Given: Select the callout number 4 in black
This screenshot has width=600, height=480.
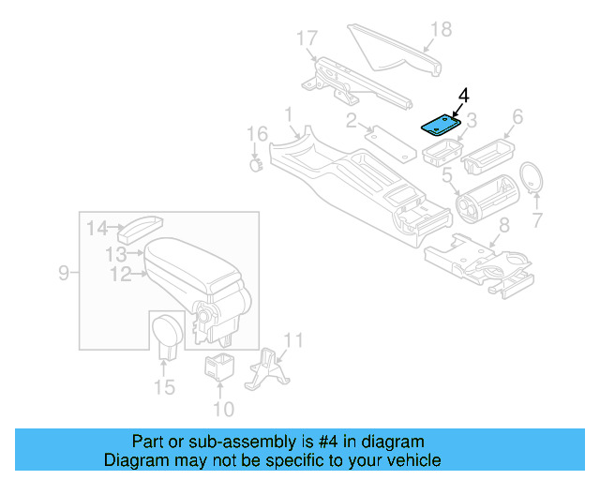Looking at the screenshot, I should point(462,96).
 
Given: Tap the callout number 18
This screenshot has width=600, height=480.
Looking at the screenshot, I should point(440,29).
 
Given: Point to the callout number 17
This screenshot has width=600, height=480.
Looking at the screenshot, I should point(307,38).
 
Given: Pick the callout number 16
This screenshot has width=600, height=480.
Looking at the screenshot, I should point(257,135).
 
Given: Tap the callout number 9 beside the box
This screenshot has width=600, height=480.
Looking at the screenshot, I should point(64,273).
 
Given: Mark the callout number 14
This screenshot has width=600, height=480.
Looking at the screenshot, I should point(98,227).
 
